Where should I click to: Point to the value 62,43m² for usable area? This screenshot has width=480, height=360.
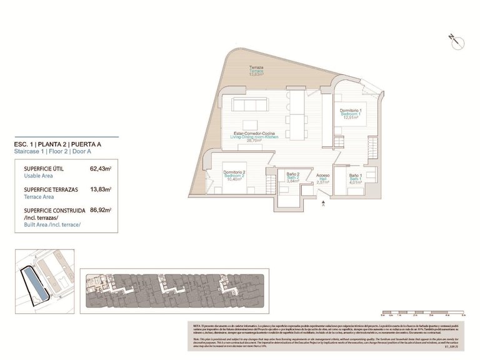(101, 169)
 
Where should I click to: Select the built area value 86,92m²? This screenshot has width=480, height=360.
(101, 211)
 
